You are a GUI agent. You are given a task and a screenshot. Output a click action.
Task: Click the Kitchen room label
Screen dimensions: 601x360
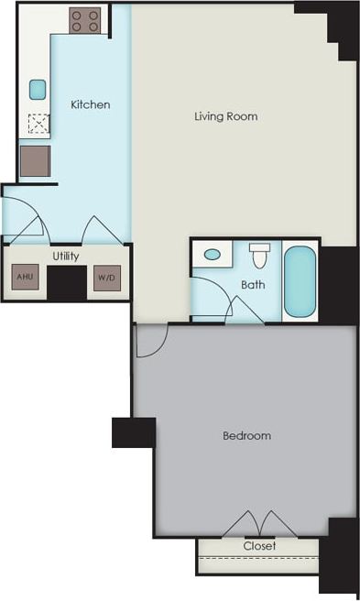point(91,104)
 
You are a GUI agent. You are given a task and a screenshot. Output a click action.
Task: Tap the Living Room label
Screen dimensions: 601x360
point(225,116)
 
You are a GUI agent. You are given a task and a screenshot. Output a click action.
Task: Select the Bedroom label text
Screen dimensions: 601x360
point(246,435)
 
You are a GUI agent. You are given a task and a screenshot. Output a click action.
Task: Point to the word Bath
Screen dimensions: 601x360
point(253,285)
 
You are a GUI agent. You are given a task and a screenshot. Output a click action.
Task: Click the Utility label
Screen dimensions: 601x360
point(65,256)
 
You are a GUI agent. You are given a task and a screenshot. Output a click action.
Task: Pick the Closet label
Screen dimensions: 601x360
point(259,546)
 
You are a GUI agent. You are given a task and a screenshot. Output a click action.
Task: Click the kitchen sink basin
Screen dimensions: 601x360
point(38,89)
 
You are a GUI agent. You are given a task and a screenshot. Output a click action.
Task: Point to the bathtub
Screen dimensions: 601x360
point(299,281)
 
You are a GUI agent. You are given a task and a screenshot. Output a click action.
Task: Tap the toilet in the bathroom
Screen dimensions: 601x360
point(258,250)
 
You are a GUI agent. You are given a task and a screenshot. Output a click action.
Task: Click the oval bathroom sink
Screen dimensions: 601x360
point(213,255)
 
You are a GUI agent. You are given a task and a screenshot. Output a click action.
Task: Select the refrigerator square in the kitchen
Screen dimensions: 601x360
point(36,161)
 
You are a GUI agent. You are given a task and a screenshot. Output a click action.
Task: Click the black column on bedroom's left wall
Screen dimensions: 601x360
point(133,432)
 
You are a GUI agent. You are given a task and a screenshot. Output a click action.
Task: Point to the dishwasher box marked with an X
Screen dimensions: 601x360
point(38,123)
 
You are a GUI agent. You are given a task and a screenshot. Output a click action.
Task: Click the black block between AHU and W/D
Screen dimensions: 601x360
point(66,284)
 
